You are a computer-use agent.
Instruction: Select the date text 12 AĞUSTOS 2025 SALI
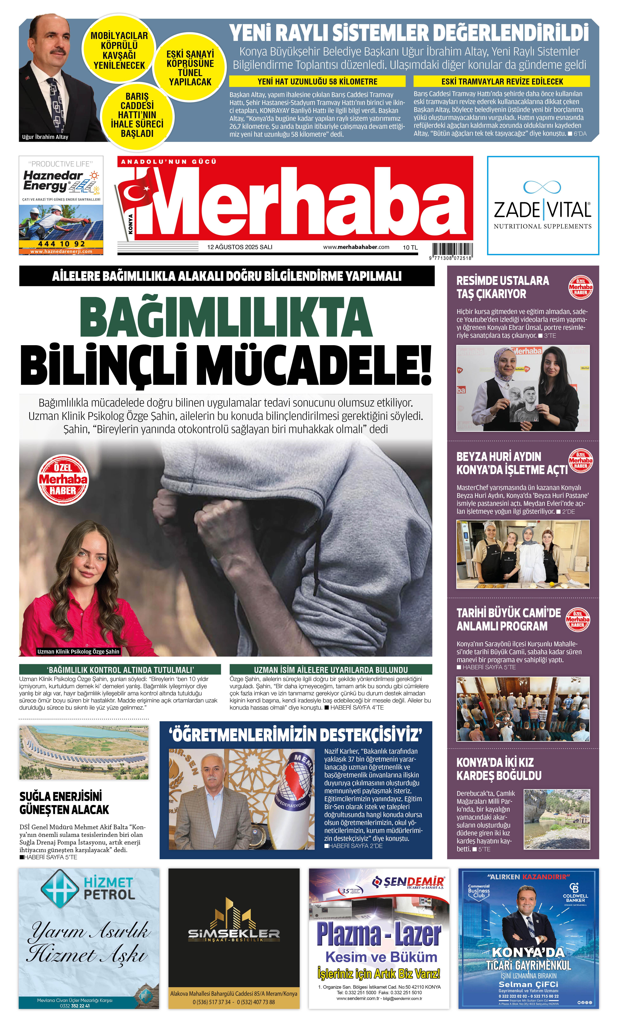[240, 247]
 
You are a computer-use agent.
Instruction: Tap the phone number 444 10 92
[61, 244]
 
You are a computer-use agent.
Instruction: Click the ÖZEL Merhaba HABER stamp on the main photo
[63, 479]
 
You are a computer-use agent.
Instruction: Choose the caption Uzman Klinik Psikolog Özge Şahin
[78, 651]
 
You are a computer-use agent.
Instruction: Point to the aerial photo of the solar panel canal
[84, 752]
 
